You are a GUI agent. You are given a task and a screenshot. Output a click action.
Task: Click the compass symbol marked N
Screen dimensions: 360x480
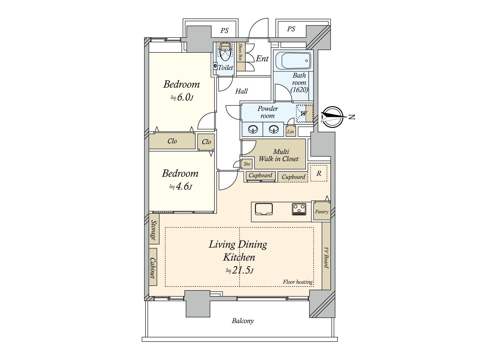332,117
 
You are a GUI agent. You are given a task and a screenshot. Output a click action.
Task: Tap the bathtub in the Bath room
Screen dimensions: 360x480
293,61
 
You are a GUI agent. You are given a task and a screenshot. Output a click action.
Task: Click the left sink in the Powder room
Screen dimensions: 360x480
253,130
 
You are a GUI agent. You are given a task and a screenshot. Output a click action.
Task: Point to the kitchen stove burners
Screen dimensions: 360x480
299,209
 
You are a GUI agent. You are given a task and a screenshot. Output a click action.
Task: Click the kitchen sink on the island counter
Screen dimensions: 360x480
264,209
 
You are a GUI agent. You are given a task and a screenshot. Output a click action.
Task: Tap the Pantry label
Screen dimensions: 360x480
322,212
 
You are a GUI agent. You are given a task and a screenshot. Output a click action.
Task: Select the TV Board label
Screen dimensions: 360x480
326,257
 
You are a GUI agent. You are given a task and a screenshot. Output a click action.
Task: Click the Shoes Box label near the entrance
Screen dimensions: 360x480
240,52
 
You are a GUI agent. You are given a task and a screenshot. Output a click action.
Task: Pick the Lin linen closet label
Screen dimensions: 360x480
290,132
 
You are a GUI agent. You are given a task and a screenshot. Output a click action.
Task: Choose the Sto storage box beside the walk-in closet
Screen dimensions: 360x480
247,164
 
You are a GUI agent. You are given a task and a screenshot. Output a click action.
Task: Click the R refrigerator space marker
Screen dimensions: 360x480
319,173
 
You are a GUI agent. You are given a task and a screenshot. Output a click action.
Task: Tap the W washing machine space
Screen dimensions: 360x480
304,114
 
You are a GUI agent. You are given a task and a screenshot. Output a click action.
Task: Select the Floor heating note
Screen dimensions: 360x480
297,282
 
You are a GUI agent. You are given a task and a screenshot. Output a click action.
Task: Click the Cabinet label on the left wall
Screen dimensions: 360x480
153,268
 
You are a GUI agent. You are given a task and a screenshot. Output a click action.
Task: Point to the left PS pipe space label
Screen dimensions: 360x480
224,31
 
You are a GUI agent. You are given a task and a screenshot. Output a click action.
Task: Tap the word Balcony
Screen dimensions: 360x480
243,321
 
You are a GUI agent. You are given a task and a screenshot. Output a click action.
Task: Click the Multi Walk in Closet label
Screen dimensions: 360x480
279,155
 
